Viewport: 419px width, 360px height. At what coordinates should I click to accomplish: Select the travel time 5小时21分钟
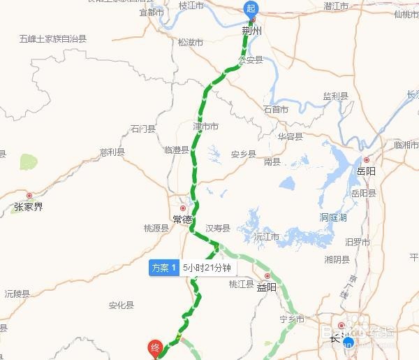tap(206, 268)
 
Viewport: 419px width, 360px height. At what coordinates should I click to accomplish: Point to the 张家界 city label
tap(28, 207)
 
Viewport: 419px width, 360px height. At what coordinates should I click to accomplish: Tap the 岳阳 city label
tap(366, 170)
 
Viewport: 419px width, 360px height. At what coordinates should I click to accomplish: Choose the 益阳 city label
tap(267, 287)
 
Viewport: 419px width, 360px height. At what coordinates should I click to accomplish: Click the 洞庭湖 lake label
tap(333, 217)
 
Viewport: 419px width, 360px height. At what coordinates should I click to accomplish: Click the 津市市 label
tap(205, 127)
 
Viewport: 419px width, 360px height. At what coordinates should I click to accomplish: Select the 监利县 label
tap(335, 96)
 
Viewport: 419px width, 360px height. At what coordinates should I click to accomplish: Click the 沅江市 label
tap(267, 237)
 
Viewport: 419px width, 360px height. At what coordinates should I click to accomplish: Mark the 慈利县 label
tap(112, 152)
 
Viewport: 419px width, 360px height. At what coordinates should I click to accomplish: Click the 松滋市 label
tap(190, 42)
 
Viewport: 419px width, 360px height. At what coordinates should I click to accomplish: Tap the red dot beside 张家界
tap(29, 196)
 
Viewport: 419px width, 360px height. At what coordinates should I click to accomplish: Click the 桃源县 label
tap(156, 228)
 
